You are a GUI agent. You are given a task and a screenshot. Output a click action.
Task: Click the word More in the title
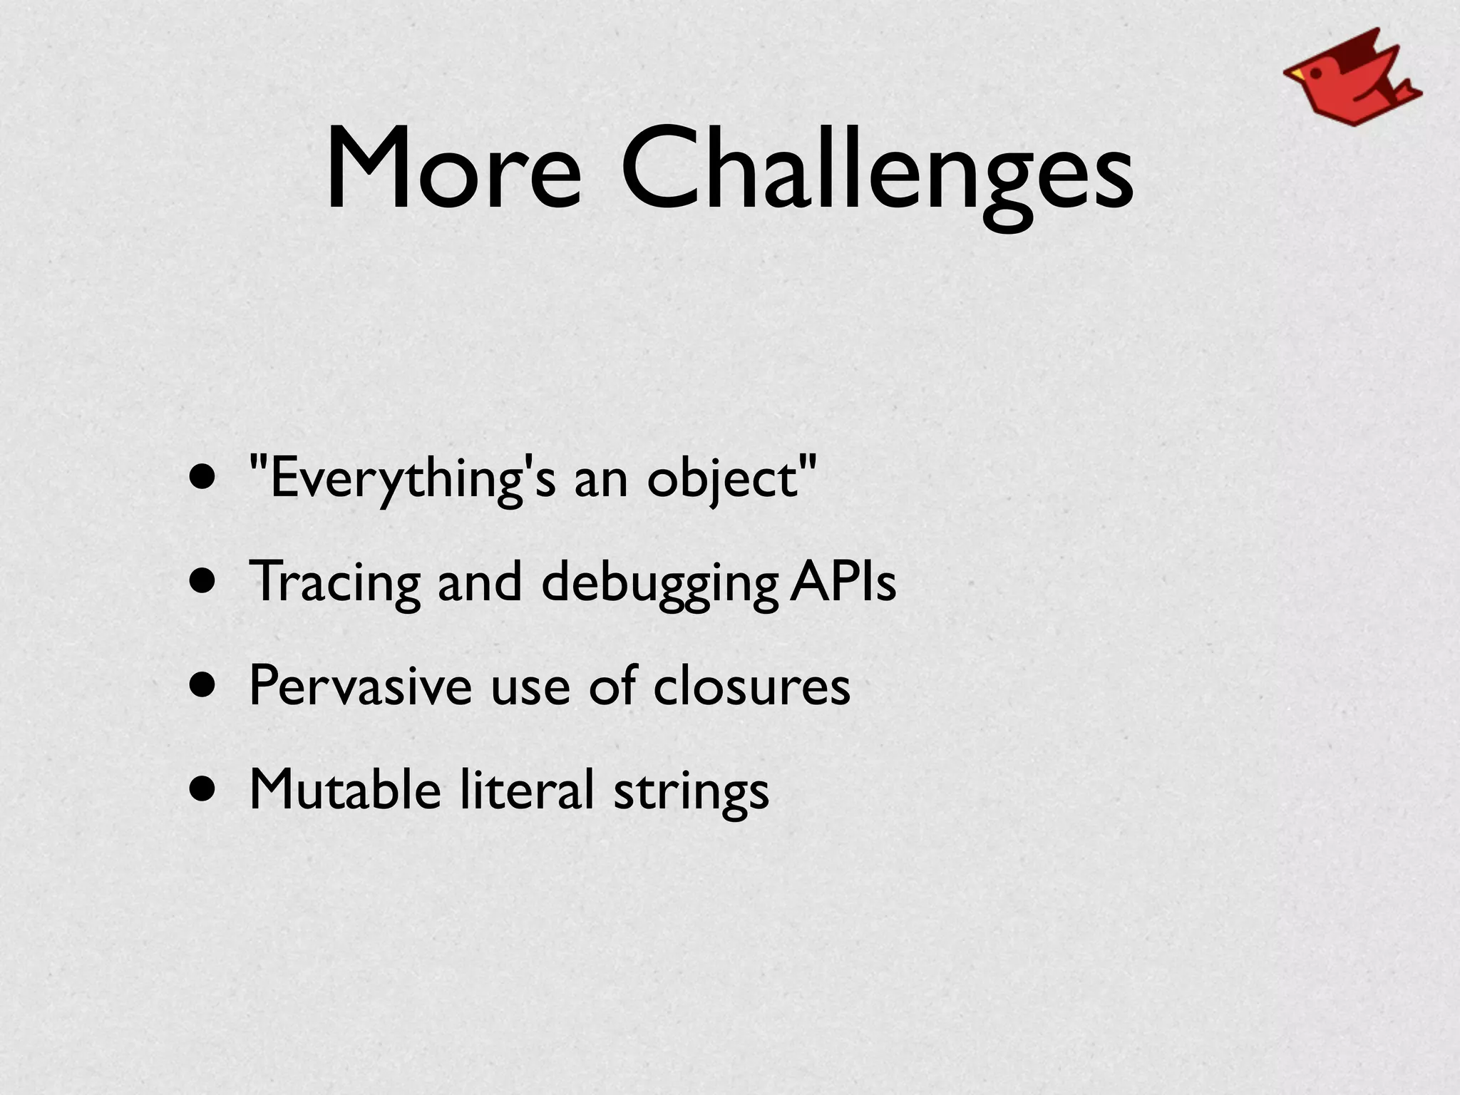click(453, 168)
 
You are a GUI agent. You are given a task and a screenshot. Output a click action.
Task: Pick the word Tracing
click(335, 583)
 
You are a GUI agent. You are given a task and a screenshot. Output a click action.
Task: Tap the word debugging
click(659, 583)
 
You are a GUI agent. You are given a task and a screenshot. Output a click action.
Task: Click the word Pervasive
click(360, 686)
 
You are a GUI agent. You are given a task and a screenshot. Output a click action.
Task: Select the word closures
click(751, 686)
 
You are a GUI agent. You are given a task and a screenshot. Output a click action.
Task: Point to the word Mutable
click(345, 789)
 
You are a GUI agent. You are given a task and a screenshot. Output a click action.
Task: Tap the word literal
click(527, 789)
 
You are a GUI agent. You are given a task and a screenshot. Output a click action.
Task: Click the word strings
click(691, 791)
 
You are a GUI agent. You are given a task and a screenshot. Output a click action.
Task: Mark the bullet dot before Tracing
click(202, 582)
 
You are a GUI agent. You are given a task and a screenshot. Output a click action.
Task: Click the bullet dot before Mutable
click(202, 789)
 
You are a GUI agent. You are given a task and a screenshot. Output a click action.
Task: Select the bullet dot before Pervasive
click(202, 686)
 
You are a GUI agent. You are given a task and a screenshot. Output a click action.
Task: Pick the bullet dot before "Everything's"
click(202, 478)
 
